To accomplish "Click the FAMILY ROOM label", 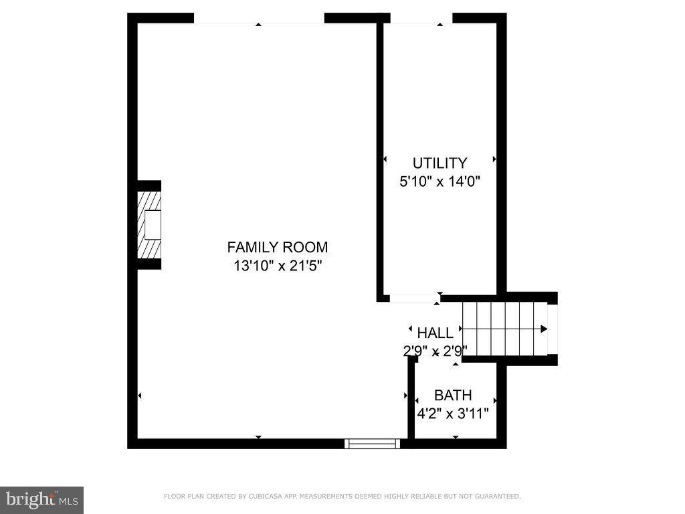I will pos(277,247).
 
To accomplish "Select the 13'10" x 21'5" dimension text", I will pos(277,266).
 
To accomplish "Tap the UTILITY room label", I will pos(439,163).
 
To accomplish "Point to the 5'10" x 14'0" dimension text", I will pos(439,181).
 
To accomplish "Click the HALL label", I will pos(435,333).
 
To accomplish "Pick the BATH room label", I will pos(453,395).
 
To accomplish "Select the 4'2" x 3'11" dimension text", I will pos(453,414).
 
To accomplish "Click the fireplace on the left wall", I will pos(149,225).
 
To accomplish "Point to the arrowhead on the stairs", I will pos(544,329).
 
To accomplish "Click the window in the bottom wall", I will pos(372,443).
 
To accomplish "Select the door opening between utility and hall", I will pos(415,298).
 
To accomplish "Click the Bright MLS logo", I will pos(41,499).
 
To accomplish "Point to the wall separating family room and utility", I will pos(379,161).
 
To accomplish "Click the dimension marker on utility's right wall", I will pos(494,159).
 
